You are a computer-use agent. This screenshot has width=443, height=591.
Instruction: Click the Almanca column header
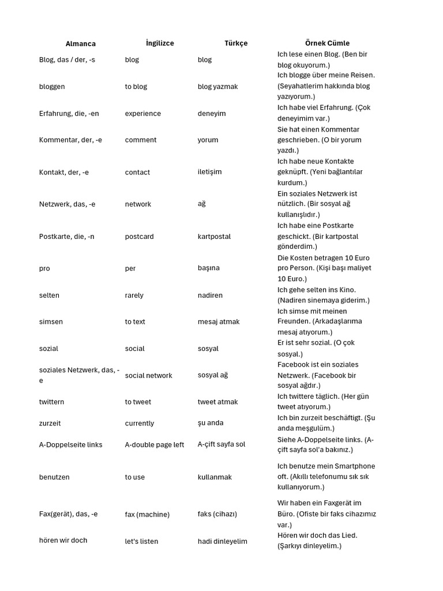tap(81, 44)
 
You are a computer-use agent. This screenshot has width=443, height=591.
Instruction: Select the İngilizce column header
tap(160, 43)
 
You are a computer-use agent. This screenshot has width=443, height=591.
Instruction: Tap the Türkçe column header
tap(236, 43)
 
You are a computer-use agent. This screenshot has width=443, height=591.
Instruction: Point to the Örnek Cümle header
tap(327, 43)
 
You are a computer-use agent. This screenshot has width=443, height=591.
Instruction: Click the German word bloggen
tap(52, 87)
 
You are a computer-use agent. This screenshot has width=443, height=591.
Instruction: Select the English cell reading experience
tap(143, 114)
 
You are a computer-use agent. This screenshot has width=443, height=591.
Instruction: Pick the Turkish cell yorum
tap(208, 140)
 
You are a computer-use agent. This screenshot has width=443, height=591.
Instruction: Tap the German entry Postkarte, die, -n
tap(66, 237)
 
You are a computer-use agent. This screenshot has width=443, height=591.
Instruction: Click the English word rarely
tap(134, 295)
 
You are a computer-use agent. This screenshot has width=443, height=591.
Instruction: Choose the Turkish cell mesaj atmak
tap(219, 322)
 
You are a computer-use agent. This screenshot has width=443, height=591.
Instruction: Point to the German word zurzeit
tap(50, 423)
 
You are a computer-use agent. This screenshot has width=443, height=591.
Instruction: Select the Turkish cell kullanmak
tap(217, 477)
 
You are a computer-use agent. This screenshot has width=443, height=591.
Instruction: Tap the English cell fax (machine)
tap(147, 514)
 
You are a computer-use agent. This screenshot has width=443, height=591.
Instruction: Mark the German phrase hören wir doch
tap(63, 541)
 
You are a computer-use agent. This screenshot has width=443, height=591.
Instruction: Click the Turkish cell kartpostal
tap(214, 237)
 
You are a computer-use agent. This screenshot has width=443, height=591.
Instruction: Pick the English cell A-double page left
tap(155, 445)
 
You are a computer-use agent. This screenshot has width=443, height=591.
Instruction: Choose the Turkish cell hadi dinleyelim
tap(222, 541)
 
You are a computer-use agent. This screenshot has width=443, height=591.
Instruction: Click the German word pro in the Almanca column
tap(44, 269)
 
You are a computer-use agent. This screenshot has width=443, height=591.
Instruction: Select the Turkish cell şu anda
tap(211, 423)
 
